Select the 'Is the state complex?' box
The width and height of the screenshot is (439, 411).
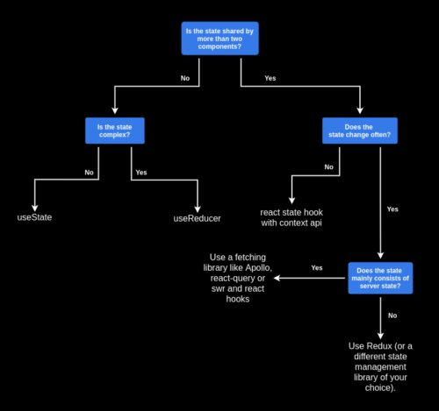pyautogui.click(x=114, y=131)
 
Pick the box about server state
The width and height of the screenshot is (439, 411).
pyautogui.click(x=380, y=278)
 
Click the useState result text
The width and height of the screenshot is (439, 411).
pyautogui.click(x=35, y=216)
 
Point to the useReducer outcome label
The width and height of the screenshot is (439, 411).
pyautogui.click(x=197, y=216)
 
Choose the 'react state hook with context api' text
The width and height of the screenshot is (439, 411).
pyautogui.click(x=291, y=218)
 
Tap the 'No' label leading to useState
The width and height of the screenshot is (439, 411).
pyautogui.click(x=89, y=173)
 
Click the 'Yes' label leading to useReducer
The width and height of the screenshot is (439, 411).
pyautogui.click(x=141, y=172)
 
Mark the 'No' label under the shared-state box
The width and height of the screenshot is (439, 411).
pyautogui.click(x=184, y=79)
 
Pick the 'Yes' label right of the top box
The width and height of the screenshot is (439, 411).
pyautogui.click(x=270, y=79)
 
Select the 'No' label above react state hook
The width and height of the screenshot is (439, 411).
pyautogui.click(x=329, y=167)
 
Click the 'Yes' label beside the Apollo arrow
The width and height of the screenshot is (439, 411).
pyautogui.click(x=317, y=267)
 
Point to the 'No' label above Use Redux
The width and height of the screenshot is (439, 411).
pyautogui.click(x=392, y=314)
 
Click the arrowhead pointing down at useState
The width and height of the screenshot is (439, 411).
pyautogui.click(x=35, y=202)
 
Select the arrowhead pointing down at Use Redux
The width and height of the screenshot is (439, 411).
pyautogui.click(x=380, y=334)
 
